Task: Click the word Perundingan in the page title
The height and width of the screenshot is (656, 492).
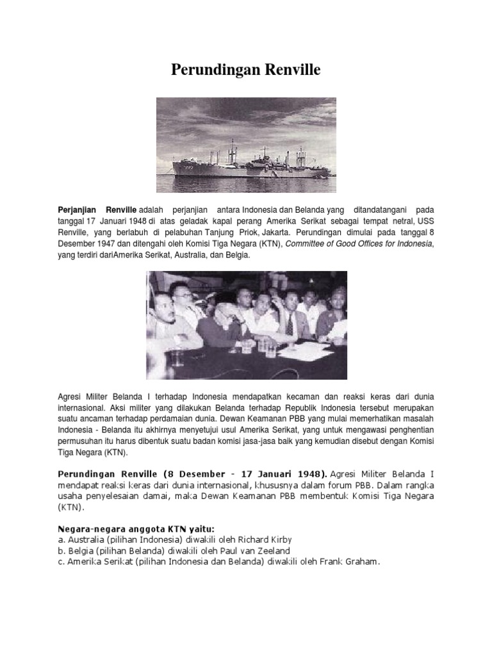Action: [x=209, y=70]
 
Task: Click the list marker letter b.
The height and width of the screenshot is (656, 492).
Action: [x=61, y=551]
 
